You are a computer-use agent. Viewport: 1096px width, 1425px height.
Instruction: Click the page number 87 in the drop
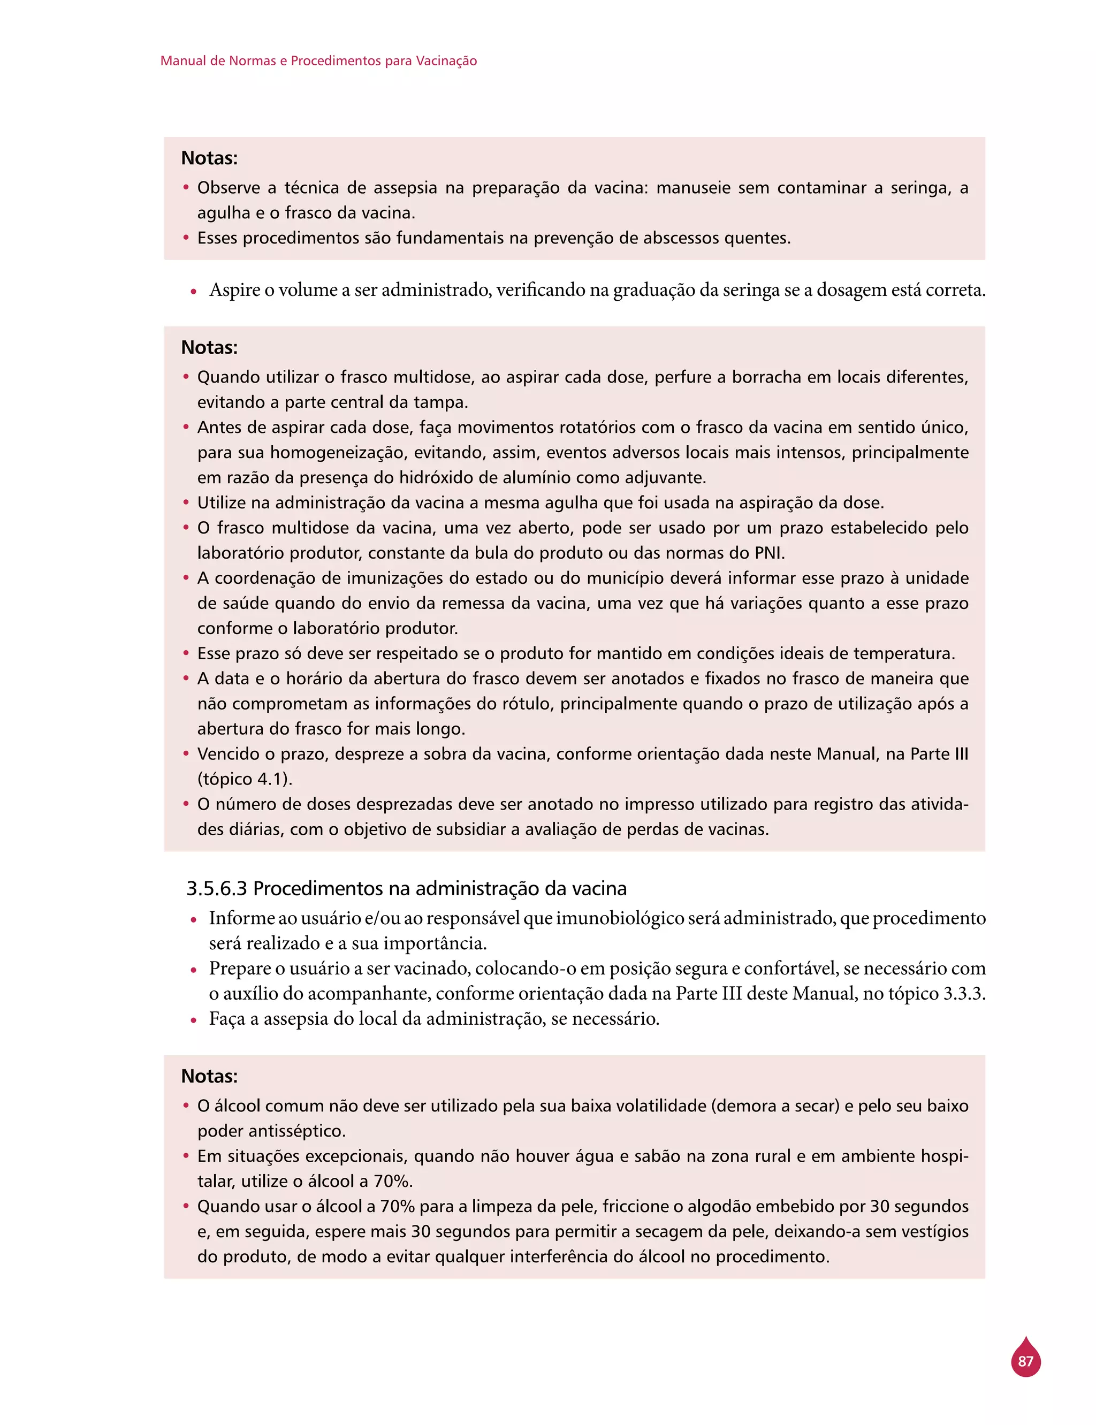pyautogui.click(x=1025, y=1361)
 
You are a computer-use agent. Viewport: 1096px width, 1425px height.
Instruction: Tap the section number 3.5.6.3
pyautogui.click(x=217, y=888)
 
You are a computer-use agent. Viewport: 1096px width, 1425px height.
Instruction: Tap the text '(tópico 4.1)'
pyautogui.click(x=245, y=779)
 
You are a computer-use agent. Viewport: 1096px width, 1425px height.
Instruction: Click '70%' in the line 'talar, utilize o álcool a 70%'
pyautogui.click(x=393, y=1181)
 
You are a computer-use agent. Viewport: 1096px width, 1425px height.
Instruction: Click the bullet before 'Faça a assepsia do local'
pyautogui.click(x=194, y=1020)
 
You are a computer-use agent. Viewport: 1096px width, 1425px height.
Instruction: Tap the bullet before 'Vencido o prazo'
pyautogui.click(x=186, y=754)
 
